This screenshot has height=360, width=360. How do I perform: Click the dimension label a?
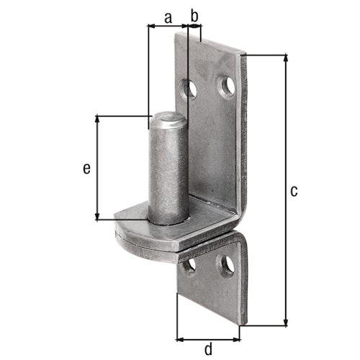(x=168, y=17)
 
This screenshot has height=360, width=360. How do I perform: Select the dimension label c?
(x=292, y=191)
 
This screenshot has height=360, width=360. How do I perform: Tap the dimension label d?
(x=209, y=349)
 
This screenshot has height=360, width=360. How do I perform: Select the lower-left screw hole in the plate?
(x=191, y=267)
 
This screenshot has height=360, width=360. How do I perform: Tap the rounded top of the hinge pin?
(x=168, y=117)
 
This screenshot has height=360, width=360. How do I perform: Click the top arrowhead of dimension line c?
(x=287, y=57)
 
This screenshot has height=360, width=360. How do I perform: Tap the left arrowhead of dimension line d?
(x=180, y=338)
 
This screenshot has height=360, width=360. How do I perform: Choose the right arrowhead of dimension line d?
(x=237, y=338)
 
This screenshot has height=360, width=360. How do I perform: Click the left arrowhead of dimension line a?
(x=150, y=26)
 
